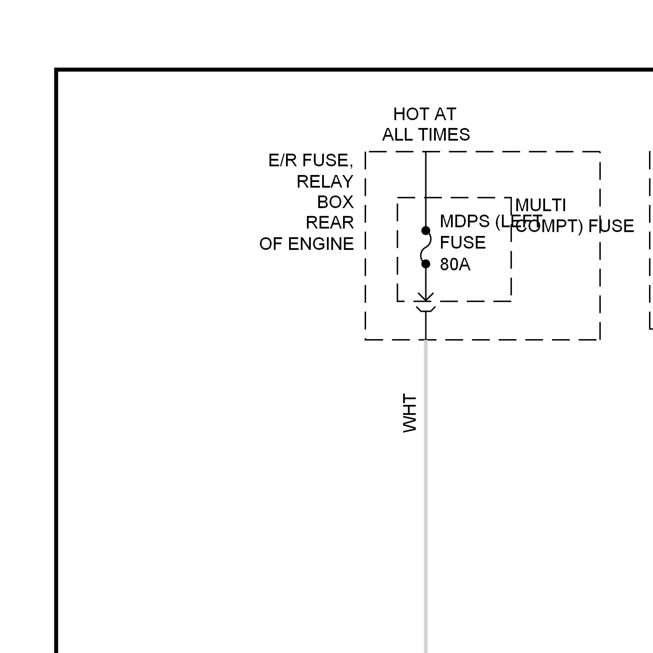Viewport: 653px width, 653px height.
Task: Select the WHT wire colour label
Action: pyautogui.click(x=410, y=413)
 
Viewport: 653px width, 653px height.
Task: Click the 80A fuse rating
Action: pyautogui.click(x=455, y=265)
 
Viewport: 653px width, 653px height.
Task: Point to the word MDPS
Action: pyautogui.click(x=465, y=222)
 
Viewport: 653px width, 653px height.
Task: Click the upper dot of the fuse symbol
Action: pyautogui.click(x=426, y=231)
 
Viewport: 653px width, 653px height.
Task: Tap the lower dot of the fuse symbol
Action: pyautogui.click(x=426, y=264)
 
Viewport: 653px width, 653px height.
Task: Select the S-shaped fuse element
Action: pyautogui.click(x=426, y=247)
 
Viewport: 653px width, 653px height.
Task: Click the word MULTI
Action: pyautogui.click(x=540, y=205)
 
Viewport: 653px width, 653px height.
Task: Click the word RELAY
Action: pyautogui.click(x=325, y=182)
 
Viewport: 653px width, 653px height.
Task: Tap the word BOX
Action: pyautogui.click(x=335, y=202)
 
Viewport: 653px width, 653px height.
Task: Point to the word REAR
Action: pyautogui.click(x=330, y=223)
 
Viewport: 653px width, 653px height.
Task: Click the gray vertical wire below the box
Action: pyautogui.click(x=426, y=501)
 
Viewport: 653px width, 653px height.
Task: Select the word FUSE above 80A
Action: pyautogui.click(x=462, y=243)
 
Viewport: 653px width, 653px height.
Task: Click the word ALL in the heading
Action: pyautogui.click(x=396, y=135)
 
